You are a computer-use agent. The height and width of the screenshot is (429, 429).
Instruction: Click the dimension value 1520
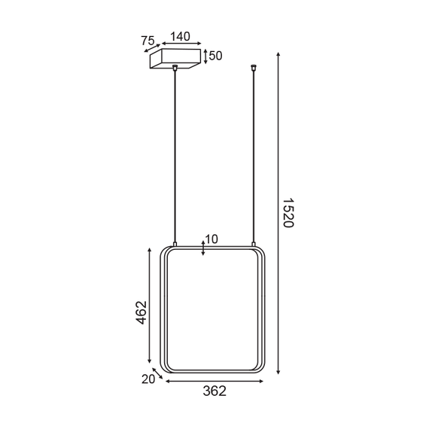click(291, 213)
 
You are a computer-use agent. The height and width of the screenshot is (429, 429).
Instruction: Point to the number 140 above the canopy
click(181, 36)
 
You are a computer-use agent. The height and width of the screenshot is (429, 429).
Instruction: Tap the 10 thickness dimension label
click(211, 239)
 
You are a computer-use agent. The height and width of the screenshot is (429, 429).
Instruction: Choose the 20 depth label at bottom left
click(148, 379)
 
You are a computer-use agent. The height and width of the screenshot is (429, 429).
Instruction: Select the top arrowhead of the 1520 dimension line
click(279, 55)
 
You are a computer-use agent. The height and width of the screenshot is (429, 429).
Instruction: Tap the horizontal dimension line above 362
click(214, 382)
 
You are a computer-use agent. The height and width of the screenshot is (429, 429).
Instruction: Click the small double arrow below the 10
click(204, 248)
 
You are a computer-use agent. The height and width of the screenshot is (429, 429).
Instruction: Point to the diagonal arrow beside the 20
click(158, 374)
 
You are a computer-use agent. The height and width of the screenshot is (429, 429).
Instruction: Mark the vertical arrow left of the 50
click(206, 56)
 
